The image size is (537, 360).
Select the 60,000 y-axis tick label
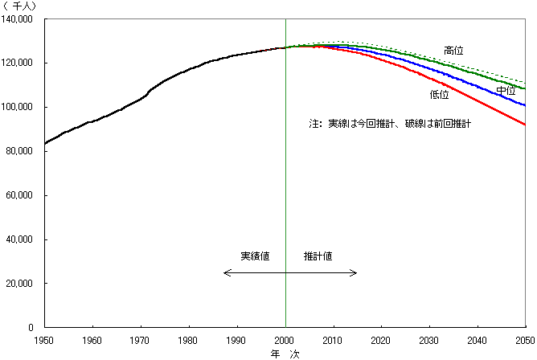24,195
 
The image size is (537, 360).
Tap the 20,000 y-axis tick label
24,284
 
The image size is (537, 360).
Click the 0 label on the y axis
35,328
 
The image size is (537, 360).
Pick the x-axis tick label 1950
45,340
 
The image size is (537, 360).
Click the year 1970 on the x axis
141,340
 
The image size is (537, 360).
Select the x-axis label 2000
285,340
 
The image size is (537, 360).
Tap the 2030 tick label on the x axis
429,340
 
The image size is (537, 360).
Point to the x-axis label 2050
525,340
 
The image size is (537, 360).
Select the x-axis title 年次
285,353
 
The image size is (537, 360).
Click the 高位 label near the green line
454,51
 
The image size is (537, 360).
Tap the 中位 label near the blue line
506,91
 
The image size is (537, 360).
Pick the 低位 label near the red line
440,95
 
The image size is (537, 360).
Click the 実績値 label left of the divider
255,256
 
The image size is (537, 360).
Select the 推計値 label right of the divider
318,256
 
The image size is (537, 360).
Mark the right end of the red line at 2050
525,125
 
